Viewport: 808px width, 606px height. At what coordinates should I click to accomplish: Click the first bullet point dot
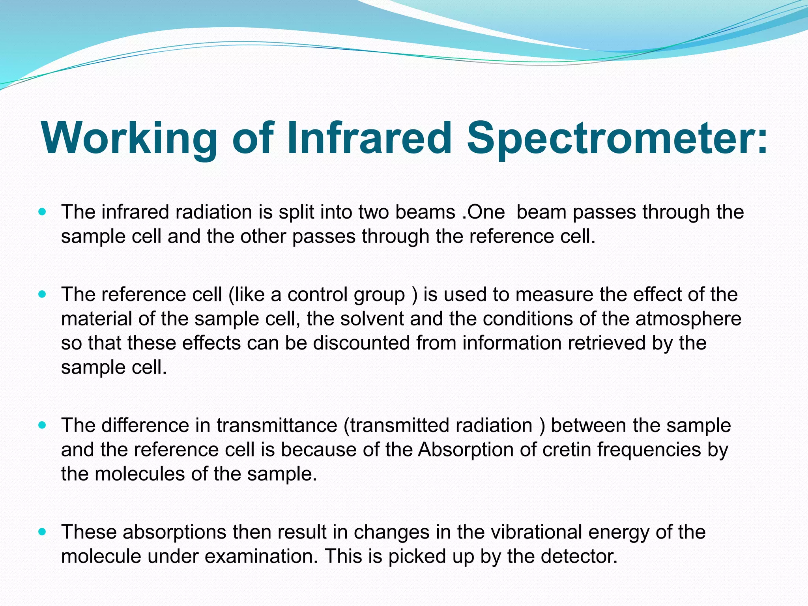pyautogui.click(x=43, y=212)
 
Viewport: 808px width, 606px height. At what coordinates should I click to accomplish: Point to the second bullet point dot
pyautogui.click(x=43, y=294)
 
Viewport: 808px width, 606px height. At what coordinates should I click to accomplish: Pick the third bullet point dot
pyautogui.click(x=43, y=425)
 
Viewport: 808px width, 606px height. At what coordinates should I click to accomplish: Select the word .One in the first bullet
pyautogui.click(x=483, y=212)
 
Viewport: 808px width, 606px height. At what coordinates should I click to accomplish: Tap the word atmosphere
pyautogui.click(x=688, y=319)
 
